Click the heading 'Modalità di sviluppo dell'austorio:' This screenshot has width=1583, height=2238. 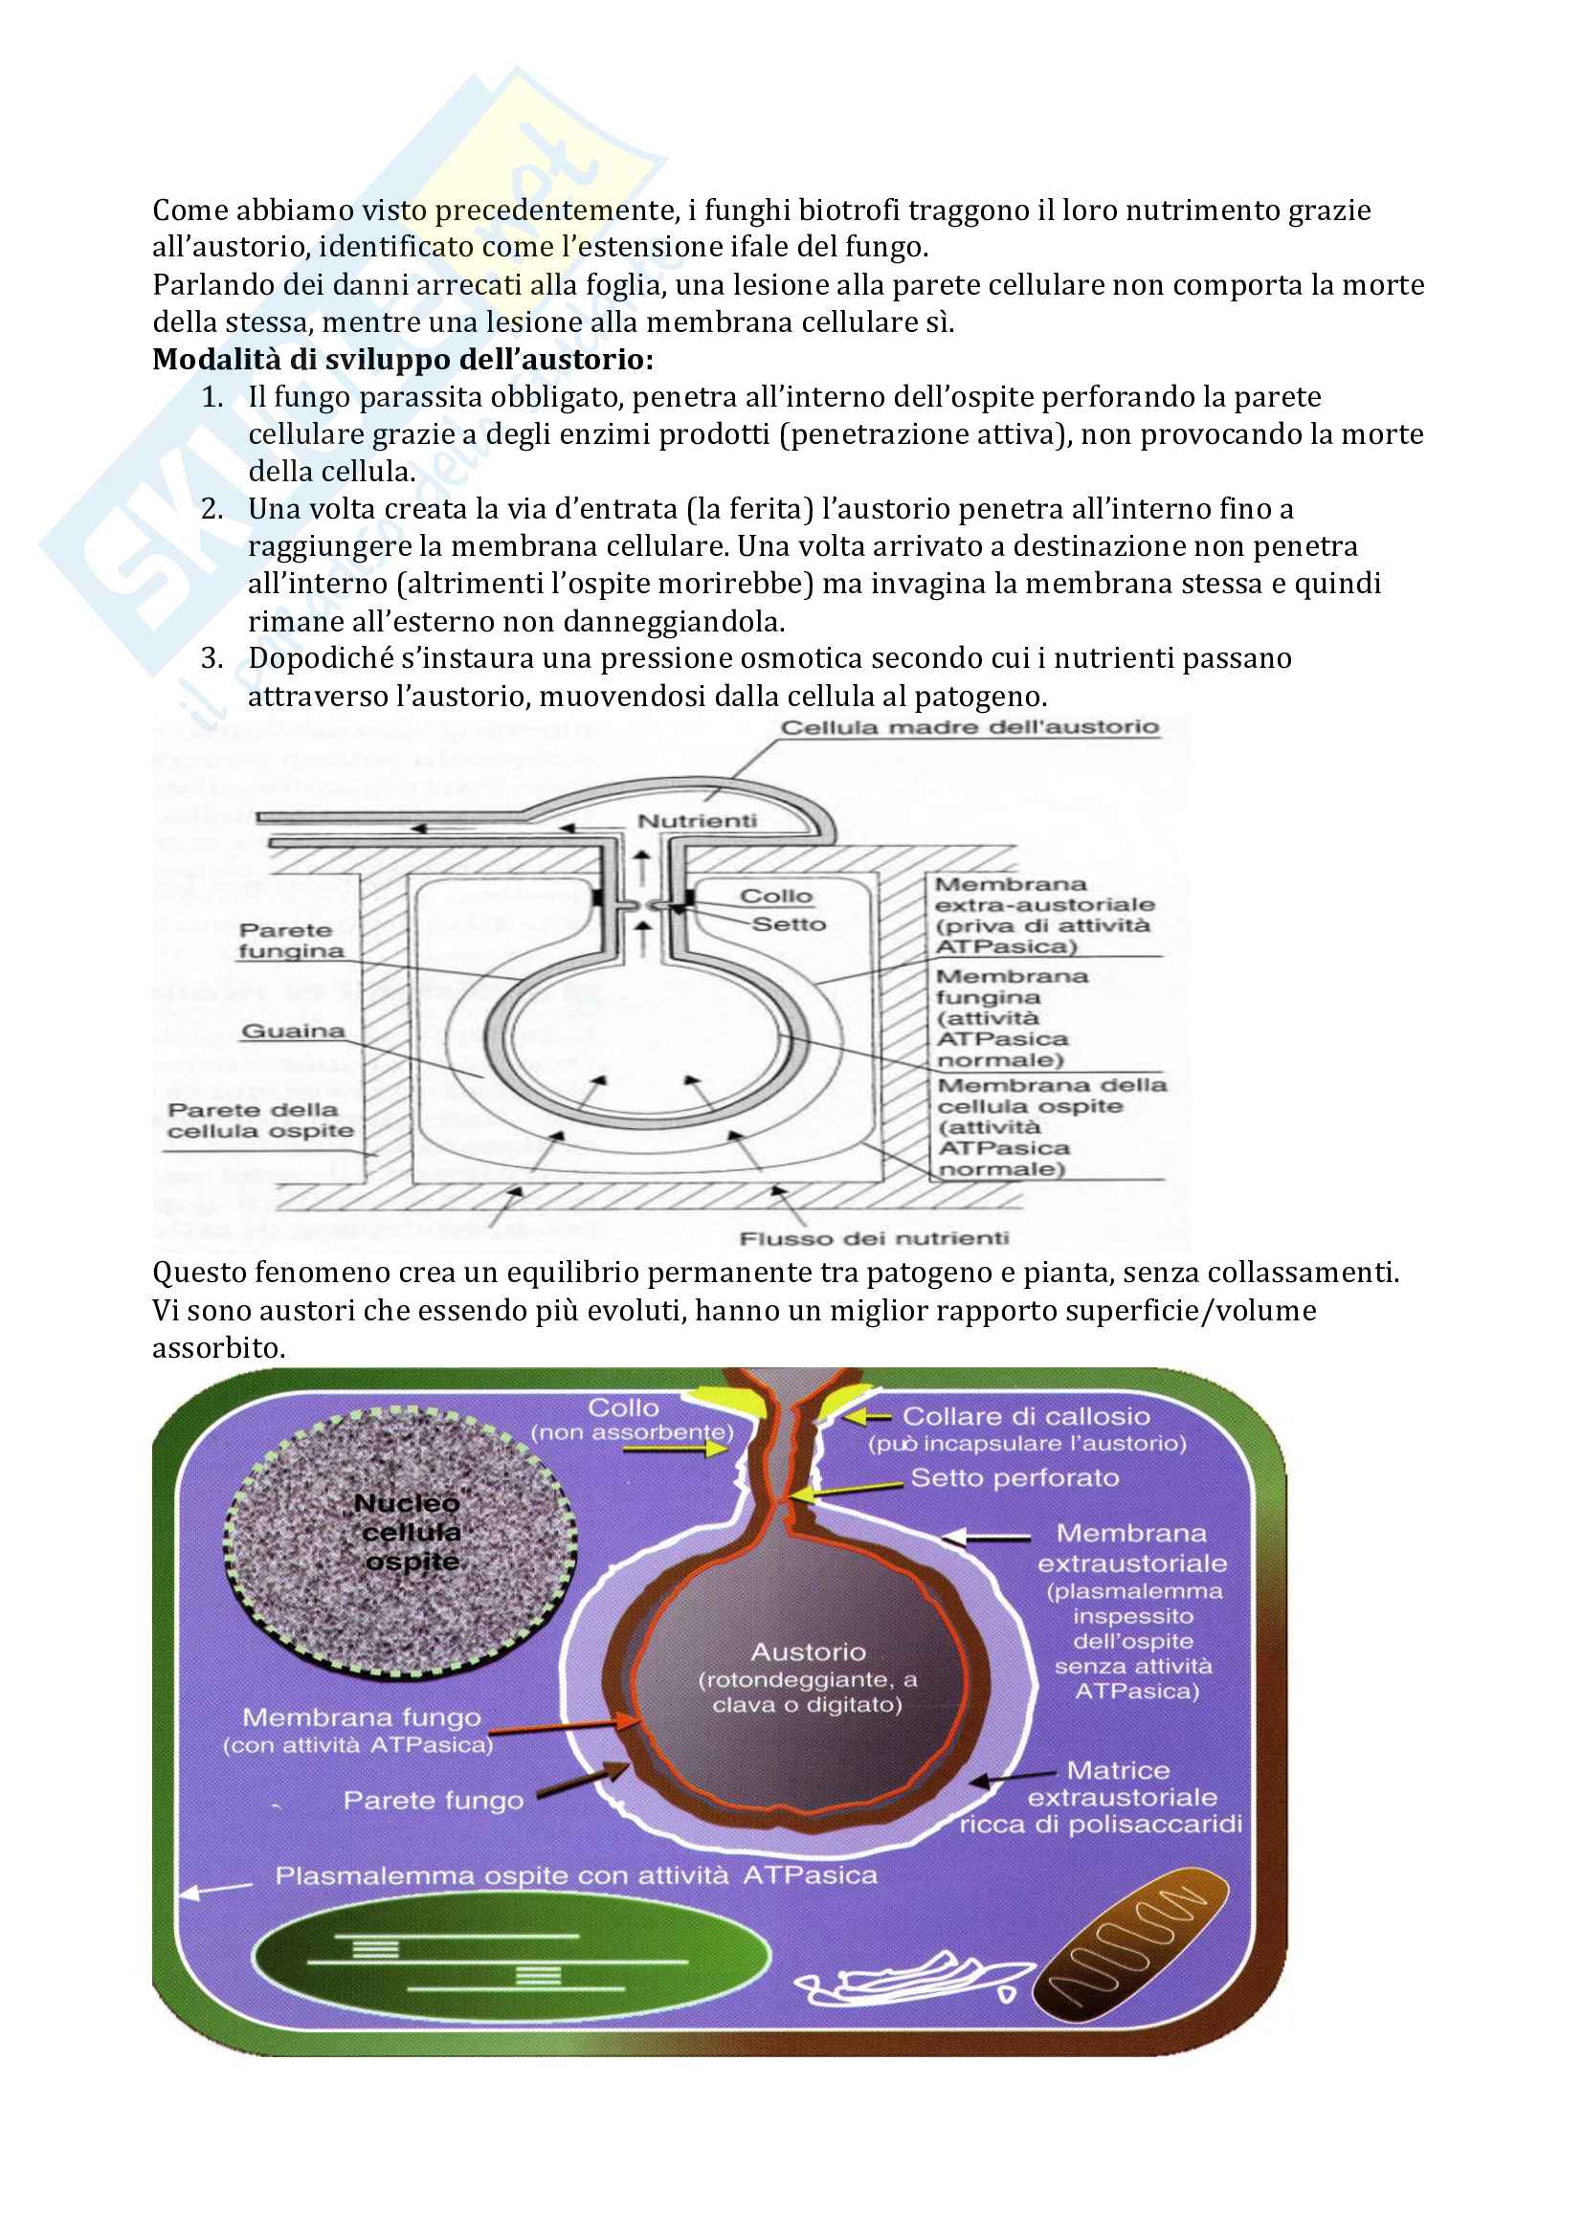point(403,360)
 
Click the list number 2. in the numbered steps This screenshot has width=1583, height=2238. point(212,509)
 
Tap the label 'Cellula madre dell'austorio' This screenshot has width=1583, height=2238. point(970,727)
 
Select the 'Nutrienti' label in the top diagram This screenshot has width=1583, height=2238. point(697,821)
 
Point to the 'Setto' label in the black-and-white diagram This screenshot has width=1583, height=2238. point(789,923)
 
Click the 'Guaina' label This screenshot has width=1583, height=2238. point(294,1030)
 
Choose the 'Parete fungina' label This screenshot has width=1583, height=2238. point(291,941)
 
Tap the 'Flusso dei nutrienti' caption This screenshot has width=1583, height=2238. point(875,1238)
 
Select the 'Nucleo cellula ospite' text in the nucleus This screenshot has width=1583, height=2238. point(410,1531)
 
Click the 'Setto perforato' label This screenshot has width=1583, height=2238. point(1014,1477)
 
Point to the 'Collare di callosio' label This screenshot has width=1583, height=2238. point(1025,1416)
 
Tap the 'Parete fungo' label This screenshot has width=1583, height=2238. point(433,1801)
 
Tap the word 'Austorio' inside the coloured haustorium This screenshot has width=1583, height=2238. point(808,1652)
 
